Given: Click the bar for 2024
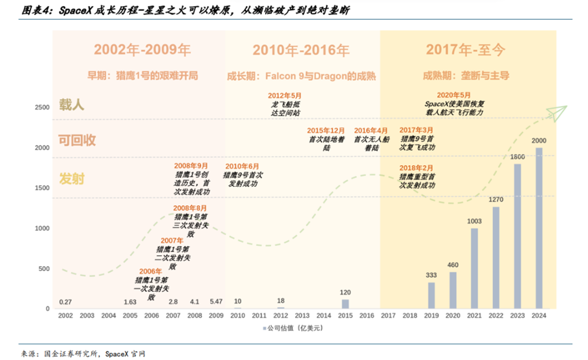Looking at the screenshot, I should [x=538, y=228].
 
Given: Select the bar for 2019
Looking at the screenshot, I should [x=431, y=295].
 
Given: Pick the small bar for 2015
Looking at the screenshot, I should [x=345, y=304].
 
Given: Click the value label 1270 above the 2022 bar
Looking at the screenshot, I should [x=496, y=200].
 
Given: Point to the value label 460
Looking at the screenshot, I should [x=453, y=265].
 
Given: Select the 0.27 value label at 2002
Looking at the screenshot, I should [x=65, y=302].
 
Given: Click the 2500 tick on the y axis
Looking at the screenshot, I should [x=41, y=107].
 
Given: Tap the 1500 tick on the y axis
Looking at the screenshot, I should [x=41, y=188].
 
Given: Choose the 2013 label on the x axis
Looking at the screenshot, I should [x=302, y=316].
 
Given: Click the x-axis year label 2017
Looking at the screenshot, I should [x=388, y=316].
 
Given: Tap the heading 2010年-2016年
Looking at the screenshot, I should [x=300, y=50].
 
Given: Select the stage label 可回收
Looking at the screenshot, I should [x=77, y=140].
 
